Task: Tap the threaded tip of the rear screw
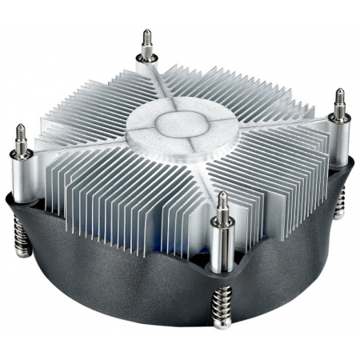[x=146, y=39]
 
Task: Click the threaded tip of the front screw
[x=222, y=200]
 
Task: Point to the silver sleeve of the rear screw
[x=146, y=64]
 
